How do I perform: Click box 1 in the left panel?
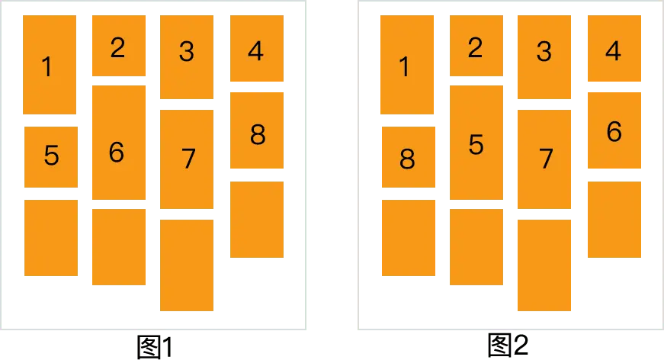[x=49, y=65]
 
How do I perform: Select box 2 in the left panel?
[x=118, y=46]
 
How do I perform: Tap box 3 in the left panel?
[x=186, y=56]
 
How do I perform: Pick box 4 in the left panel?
[x=256, y=50]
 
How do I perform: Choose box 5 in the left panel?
[x=51, y=156]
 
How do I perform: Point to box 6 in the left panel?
[x=118, y=143]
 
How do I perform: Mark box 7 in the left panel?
[x=186, y=160]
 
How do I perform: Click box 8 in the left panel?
[x=256, y=131]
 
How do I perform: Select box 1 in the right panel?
[x=406, y=65]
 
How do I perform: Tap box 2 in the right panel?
[x=476, y=46]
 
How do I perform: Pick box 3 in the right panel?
[x=543, y=56]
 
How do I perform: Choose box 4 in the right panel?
[x=614, y=50]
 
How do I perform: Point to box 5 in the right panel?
[x=476, y=143]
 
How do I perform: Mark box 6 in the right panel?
[x=614, y=131]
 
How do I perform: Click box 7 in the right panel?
[x=543, y=160]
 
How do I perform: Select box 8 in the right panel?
[x=408, y=157]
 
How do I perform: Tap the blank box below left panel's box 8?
[x=256, y=220]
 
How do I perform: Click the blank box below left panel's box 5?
[x=51, y=238]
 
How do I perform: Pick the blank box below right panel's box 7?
[x=543, y=265]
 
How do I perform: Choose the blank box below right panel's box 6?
[x=614, y=220]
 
